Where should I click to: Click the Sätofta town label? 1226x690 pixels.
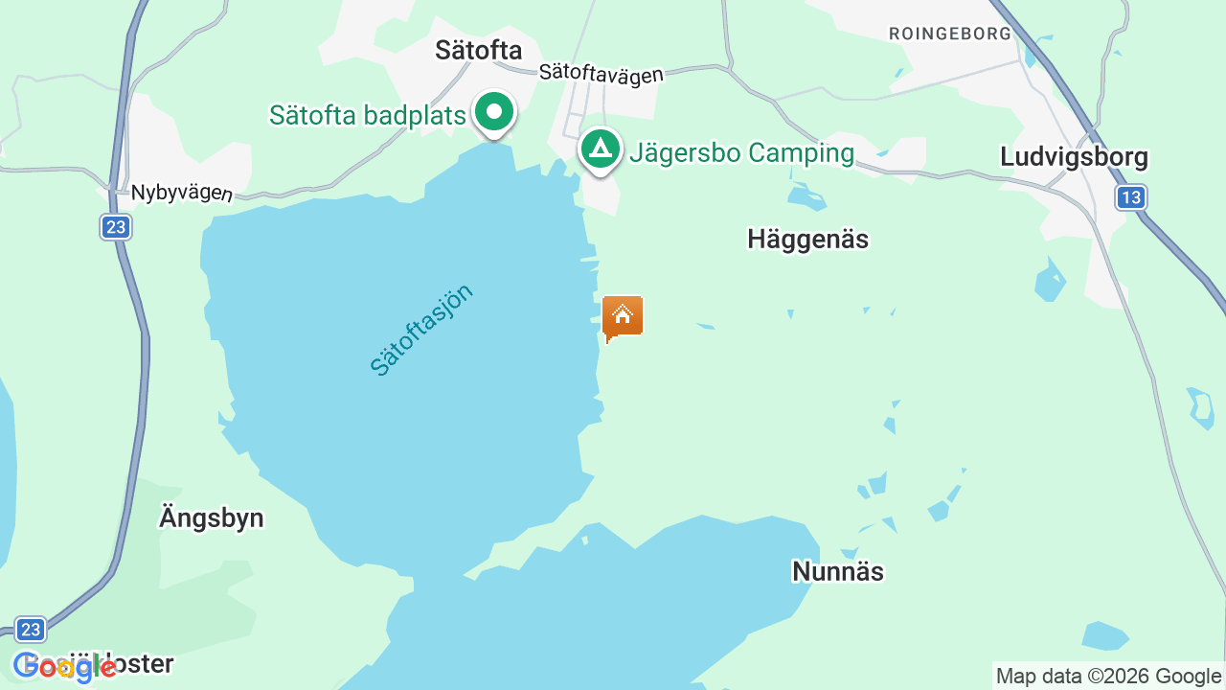(478, 50)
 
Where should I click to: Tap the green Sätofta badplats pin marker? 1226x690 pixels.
(494, 113)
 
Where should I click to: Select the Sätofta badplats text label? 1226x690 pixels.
(367, 115)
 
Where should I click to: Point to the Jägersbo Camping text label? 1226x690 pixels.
(741, 152)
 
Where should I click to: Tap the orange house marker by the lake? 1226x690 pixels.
(622, 316)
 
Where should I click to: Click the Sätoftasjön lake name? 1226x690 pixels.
(421, 330)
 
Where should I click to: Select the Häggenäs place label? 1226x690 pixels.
(807, 239)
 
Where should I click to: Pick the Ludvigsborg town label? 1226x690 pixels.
(1073, 156)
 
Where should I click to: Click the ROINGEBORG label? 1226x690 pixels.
(949, 33)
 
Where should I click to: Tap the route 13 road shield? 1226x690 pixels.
(1130, 197)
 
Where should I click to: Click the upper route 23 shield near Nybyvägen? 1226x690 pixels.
(116, 227)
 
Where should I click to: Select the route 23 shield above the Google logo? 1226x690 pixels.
(31, 629)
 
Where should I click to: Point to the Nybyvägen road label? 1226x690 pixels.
(181, 193)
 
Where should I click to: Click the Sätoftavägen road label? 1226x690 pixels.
(601, 73)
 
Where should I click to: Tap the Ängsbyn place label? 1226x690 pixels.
(211, 518)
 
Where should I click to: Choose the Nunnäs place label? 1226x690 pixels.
(837, 571)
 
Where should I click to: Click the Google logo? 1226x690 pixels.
(64, 666)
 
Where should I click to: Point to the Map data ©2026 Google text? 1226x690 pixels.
(1108, 676)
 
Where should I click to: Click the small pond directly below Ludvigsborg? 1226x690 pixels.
(1050, 282)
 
